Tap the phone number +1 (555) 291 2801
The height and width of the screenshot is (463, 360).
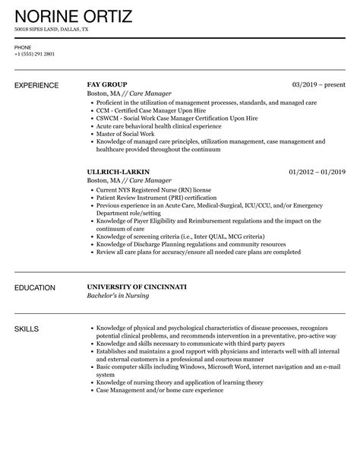(35, 54)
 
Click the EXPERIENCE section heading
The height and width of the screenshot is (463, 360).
(39, 84)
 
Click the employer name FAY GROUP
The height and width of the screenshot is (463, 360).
(108, 84)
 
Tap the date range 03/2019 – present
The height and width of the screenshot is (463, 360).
(319, 84)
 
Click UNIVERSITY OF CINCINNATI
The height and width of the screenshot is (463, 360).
(137, 288)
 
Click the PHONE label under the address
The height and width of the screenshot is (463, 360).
(23, 47)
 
